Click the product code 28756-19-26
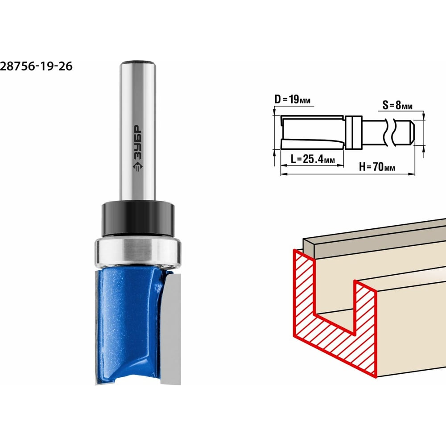point(36,66)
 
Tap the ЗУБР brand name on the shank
point(138,142)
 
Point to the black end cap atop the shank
point(138,62)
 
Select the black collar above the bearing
point(138,219)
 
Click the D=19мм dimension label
point(293,99)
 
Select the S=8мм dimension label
point(397,105)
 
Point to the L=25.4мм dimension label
point(313,159)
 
